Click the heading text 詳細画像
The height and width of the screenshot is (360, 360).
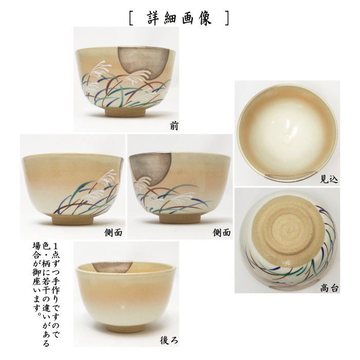click(x=179, y=17)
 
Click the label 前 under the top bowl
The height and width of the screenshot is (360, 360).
click(x=173, y=125)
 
